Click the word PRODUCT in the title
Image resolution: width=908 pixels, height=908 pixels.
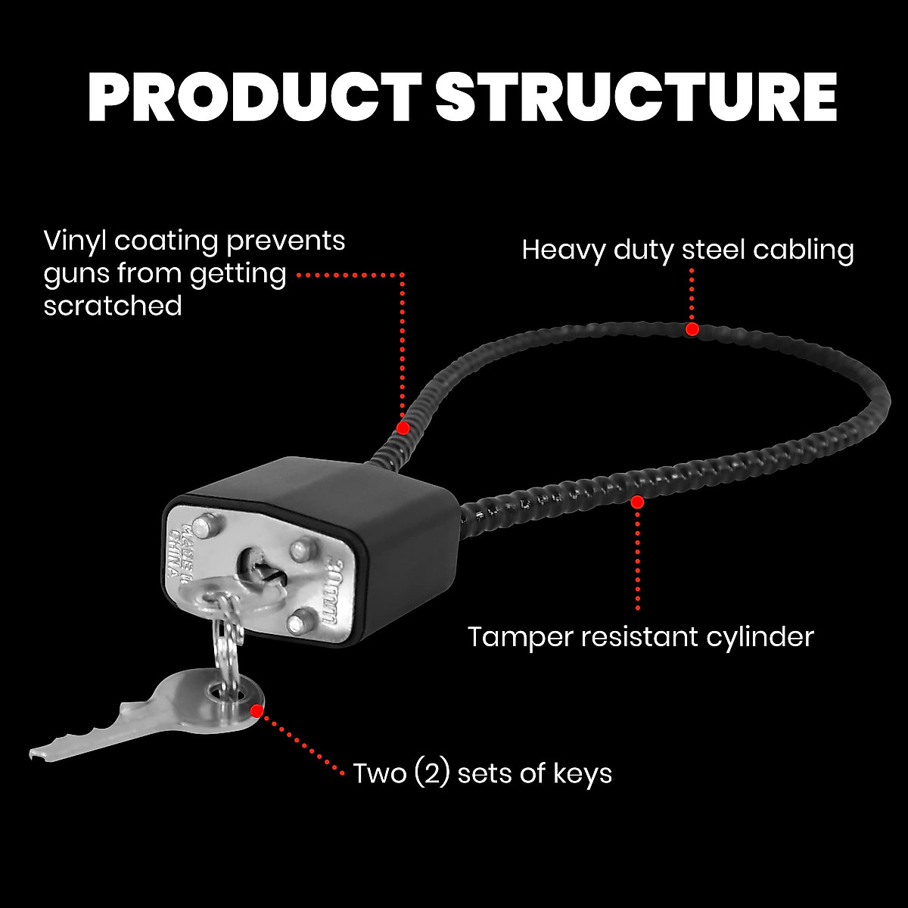pos(254,98)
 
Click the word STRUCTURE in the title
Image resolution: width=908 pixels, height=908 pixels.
pos(636,98)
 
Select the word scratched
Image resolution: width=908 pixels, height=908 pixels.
pos(113,306)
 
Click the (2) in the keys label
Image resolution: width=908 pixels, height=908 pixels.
pos(432,773)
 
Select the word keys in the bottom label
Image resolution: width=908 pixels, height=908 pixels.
pos(583,773)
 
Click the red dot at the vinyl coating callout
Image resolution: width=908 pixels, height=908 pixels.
pos(403,428)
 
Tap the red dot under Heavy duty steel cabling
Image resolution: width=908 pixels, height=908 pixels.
pos(692,329)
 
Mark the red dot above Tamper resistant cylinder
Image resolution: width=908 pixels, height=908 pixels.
pos(638,502)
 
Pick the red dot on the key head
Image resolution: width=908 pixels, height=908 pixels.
pos(257,711)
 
